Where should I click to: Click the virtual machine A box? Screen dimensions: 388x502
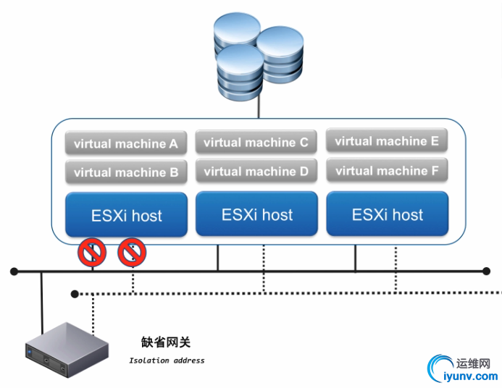tap(126, 143)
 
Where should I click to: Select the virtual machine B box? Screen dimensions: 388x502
tap(126, 172)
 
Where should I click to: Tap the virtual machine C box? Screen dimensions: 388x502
tap(256, 143)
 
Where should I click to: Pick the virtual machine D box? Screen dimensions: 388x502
tap(256, 172)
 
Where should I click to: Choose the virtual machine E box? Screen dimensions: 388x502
tap(387, 141)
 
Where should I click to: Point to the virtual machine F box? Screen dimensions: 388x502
tap(387, 171)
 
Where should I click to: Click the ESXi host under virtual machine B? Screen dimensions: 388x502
tap(126, 215)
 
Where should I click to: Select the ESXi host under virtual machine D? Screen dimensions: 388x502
tap(256, 214)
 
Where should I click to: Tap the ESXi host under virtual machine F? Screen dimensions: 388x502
tap(387, 214)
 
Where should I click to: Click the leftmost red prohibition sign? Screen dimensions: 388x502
tap(93, 253)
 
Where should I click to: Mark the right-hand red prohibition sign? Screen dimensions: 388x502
tap(132, 253)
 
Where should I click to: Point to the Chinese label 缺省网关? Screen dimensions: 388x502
tap(166, 342)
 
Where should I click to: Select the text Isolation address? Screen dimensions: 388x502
tap(167, 360)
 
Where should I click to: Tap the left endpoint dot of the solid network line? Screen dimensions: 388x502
tap(14, 271)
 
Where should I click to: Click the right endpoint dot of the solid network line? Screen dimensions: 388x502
tap(486, 271)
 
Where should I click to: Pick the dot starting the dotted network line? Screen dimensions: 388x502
tap(75, 293)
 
